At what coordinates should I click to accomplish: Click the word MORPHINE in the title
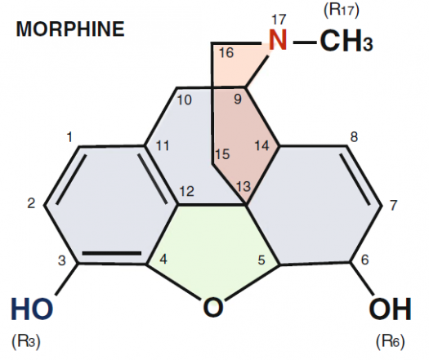[x=70, y=29]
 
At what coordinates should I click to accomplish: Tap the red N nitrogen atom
[x=278, y=40]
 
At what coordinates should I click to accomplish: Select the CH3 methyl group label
[x=346, y=41]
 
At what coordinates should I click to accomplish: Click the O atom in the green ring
[x=213, y=308]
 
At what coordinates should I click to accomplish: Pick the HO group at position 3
[x=32, y=309]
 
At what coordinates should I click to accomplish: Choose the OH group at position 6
[x=390, y=309]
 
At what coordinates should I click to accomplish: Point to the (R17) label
[x=342, y=11]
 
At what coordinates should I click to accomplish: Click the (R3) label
[x=26, y=342]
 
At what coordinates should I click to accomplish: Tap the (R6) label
[x=390, y=342]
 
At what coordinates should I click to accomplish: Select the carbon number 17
[x=279, y=20]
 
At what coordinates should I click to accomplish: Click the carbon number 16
[x=226, y=52]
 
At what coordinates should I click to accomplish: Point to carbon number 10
[x=184, y=100]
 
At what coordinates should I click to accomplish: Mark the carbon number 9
[x=238, y=99]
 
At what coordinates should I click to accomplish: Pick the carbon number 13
[x=244, y=187]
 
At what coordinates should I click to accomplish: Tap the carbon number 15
[x=222, y=154]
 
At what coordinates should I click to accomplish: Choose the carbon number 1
[x=69, y=136]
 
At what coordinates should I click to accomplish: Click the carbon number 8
[x=354, y=136]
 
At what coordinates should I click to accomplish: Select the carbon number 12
[x=186, y=191]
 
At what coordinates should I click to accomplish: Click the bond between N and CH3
[x=305, y=42]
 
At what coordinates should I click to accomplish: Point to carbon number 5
[x=261, y=260]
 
